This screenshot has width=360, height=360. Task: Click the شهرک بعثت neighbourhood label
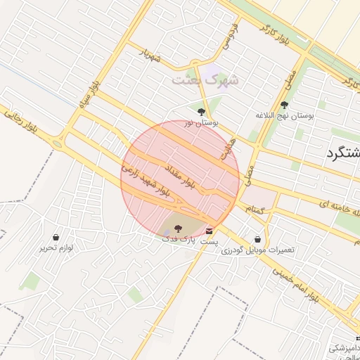point(207,79)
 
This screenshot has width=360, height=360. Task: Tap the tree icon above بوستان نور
point(202,111)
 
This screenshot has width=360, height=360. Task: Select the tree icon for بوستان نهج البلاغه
point(285,104)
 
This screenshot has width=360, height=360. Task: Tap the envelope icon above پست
point(210,230)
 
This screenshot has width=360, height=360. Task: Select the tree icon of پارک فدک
point(176,228)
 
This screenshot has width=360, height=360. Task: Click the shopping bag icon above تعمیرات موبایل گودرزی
point(257,239)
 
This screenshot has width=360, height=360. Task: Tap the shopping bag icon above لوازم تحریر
point(57,237)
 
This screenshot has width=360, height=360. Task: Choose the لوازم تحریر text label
point(57,247)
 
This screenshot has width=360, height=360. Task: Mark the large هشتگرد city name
point(345,154)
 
